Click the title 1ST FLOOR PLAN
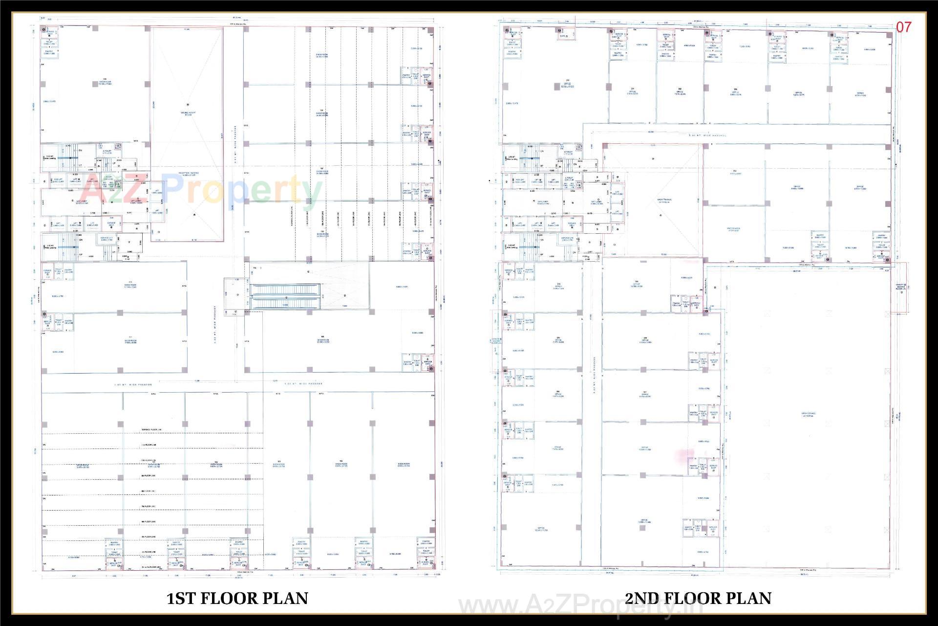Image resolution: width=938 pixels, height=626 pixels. tap(237, 598)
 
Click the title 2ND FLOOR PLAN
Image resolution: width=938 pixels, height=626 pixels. tap(698, 598)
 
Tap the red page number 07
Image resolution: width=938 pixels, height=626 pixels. tap(903, 27)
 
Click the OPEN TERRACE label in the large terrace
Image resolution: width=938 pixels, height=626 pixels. tap(808, 414)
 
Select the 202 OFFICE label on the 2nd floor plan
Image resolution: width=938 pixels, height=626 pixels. tap(680, 91)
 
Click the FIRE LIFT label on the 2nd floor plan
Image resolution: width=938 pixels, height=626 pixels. tap(519, 179)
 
